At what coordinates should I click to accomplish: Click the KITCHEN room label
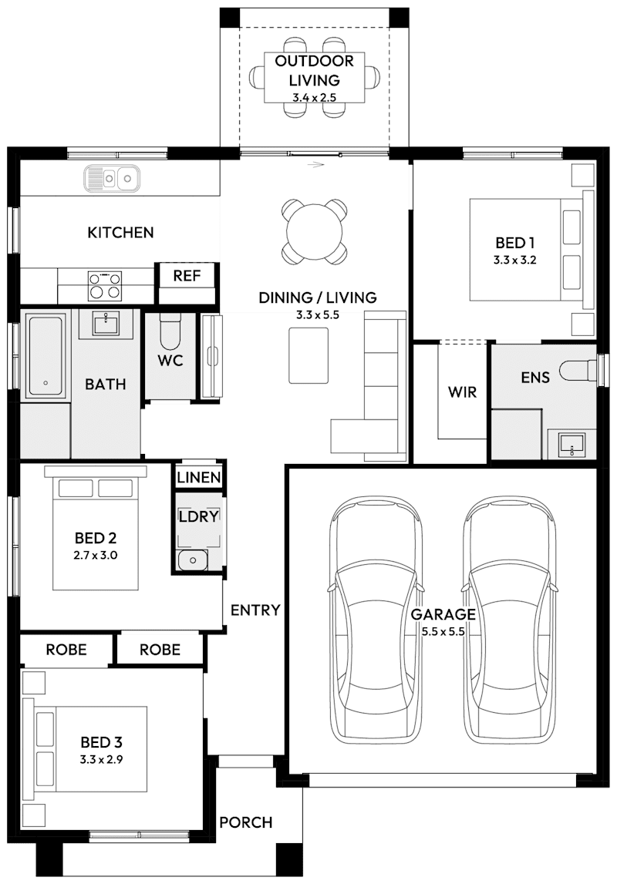coord(120,232)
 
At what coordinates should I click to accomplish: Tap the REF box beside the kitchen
coord(187,276)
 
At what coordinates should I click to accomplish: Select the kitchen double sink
coord(112,179)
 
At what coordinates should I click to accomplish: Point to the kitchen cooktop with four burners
coord(105,284)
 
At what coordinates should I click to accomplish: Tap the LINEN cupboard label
coord(199,478)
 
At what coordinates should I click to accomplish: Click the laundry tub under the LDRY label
coord(190,560)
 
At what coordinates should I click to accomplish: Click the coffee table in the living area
coord(308,355)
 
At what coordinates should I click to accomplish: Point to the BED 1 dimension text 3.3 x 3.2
coord(514,260)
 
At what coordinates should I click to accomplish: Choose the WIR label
coord(462,392)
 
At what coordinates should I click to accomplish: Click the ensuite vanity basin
coord(571,443)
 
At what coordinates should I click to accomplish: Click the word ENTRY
coord(255,610)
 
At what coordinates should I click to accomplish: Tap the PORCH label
coord(246,822)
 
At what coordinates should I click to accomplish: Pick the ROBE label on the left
coord(66,650)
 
